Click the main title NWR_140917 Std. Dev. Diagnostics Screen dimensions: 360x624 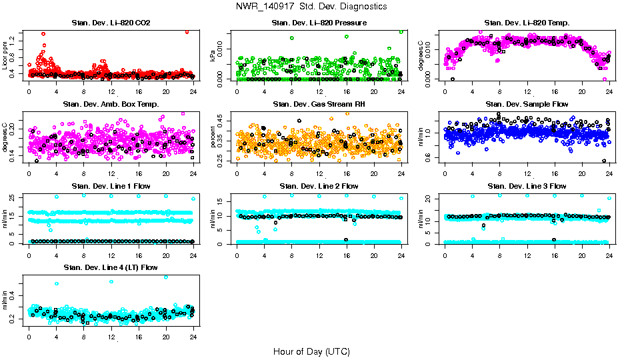[311, 7]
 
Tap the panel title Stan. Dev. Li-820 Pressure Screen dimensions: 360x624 [319, 23]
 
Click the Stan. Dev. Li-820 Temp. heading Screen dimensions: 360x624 [527, 23]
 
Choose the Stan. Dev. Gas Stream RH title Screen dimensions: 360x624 [319, 105]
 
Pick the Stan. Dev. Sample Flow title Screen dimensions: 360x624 [527, 105]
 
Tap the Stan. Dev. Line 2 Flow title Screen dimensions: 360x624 [319, 186]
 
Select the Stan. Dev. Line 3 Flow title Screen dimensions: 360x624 [527, 186]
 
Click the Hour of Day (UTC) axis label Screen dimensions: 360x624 [311, 351]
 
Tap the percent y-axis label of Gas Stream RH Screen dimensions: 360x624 [213, 136]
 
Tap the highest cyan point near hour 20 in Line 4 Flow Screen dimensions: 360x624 [166, 277]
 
